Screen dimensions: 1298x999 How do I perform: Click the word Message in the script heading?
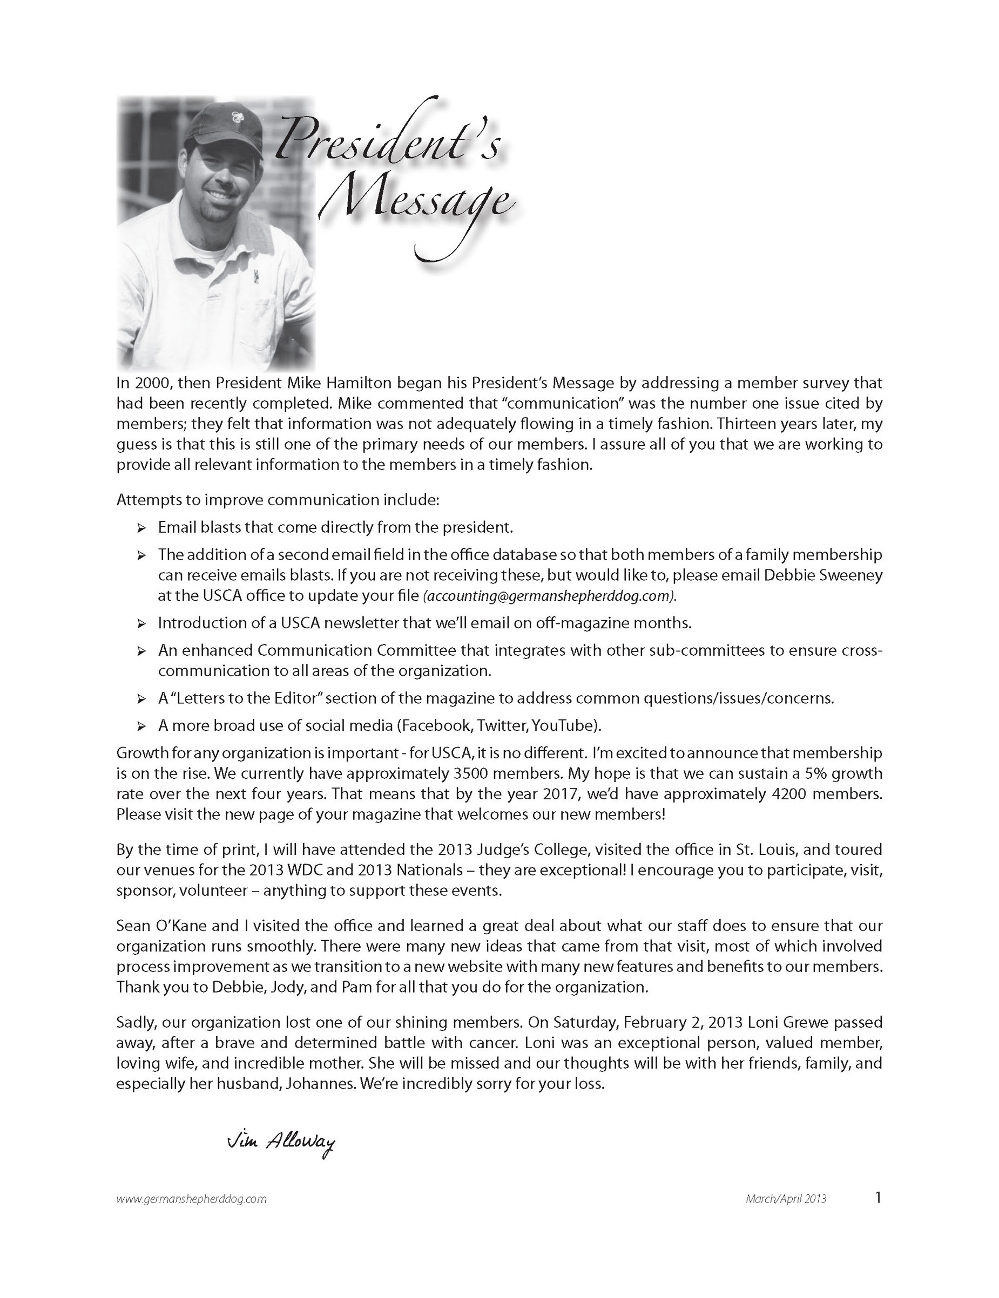coord(416,202)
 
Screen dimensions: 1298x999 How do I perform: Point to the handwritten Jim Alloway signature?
coord(281,1142)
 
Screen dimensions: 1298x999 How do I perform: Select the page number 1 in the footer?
coord(878,1198)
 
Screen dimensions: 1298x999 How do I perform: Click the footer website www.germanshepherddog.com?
coord(192,1199)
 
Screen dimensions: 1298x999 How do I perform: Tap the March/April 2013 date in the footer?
coord(786,1199)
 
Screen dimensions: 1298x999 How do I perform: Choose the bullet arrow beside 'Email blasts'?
coord(141,528)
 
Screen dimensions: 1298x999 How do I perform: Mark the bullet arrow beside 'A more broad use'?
coord(141,726)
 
